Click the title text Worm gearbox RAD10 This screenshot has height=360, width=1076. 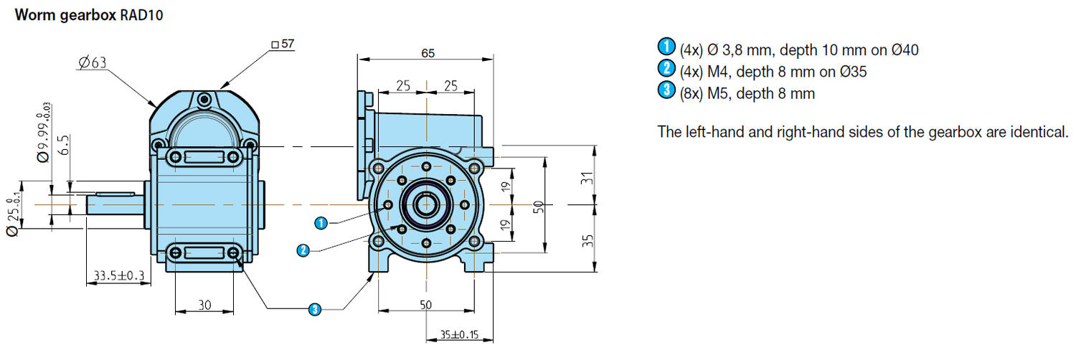pos(88,14)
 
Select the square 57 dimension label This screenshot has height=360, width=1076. pos(284,44)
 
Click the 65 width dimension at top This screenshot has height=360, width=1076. pos(428,54)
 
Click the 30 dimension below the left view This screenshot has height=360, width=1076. pos(204,305)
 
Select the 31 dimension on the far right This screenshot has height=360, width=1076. pos(587,176)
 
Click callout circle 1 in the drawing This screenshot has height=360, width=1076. pos(321,223)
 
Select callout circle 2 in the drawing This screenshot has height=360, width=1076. pos(303,250)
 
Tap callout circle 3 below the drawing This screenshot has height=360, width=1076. pos(314,309)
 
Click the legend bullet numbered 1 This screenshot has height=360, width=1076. pos(666,48)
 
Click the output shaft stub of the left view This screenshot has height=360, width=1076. pos(115,205)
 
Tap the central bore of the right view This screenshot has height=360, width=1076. pos(426,206)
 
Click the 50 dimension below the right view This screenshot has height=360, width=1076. pos(426,305)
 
